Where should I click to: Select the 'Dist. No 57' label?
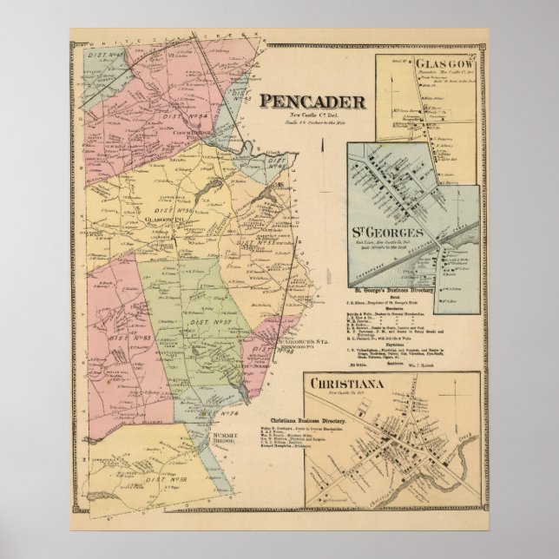pyautogui.click(x=218, y=320)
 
